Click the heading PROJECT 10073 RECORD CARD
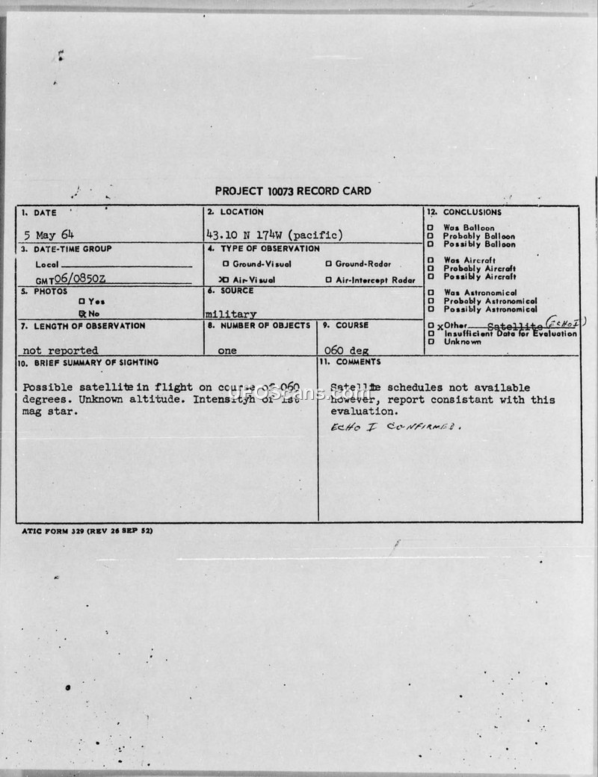point(292,191)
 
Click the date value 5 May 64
point(49,235)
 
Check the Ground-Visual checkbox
point(226,264)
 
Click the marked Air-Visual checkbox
point(224,279)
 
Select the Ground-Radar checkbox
point(328,264)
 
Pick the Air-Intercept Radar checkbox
point(328,280)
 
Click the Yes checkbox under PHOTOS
point(81,301)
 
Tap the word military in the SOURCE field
point(231,315)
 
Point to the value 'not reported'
point(61,350)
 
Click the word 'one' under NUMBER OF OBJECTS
point(227,350)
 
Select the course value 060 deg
point(344,350)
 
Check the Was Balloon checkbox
point(431,228)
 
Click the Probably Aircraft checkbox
point(431,268)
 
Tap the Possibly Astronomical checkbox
point(431,309)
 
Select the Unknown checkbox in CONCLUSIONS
point(431,342)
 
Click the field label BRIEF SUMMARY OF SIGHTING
point(89,362)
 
